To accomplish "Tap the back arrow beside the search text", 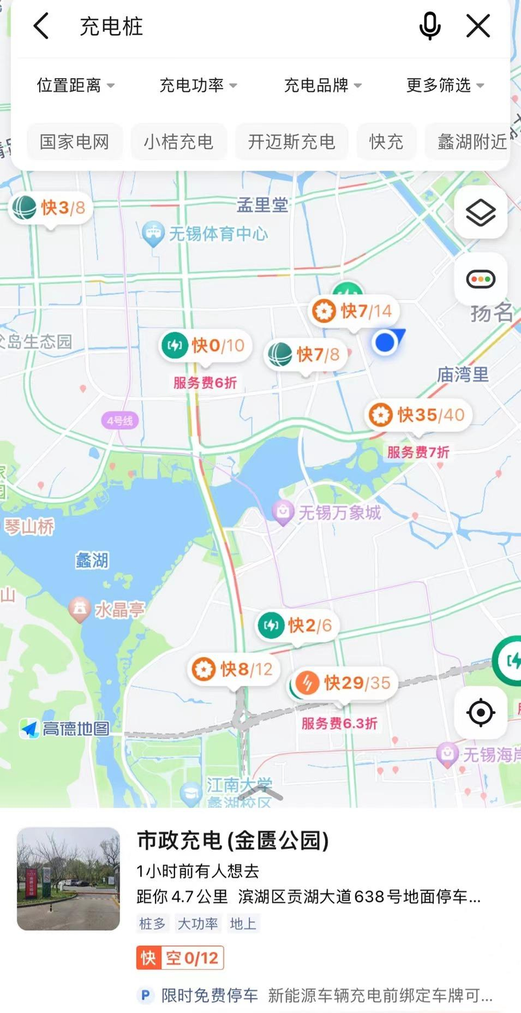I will [x=41, y=27].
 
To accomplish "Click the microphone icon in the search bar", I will [x=430, y=27].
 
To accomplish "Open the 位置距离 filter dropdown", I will [x=76, y=85].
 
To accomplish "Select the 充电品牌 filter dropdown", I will [x=322, y=85].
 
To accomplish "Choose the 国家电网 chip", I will [x=74, y=142].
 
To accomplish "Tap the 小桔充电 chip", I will [x=178, y=142].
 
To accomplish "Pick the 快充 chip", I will [x=386, y=142].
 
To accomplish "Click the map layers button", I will [x=481, y=212].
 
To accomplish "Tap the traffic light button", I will [x=481, y=279].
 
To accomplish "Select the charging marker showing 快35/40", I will [x=418, y=414].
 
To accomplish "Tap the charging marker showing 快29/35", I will [x=344, y=683].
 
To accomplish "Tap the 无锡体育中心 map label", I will [x=207, y=233].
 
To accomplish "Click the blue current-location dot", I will [x=385, y=342].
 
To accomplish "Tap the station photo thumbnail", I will [x=68, y=878].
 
